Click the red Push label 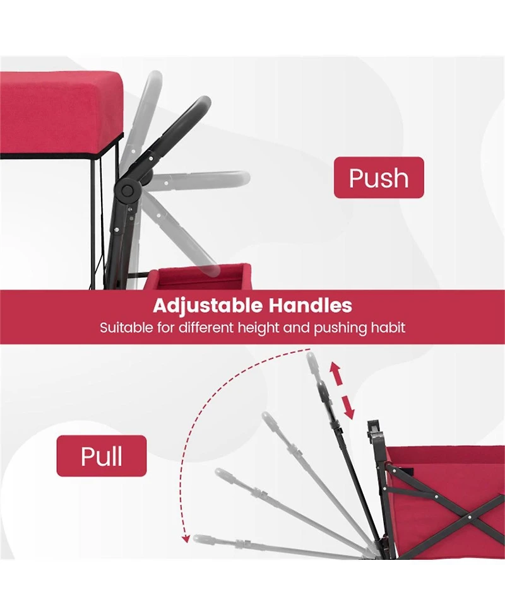(379, 178)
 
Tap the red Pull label (102, 456)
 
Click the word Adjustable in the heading (207, 306)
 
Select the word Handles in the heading (311, 305)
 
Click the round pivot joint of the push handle (127, 190)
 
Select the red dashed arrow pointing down (348, 407)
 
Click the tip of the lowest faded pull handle (198, 538)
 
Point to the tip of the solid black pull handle (321, 384)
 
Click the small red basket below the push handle (199, 277)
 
